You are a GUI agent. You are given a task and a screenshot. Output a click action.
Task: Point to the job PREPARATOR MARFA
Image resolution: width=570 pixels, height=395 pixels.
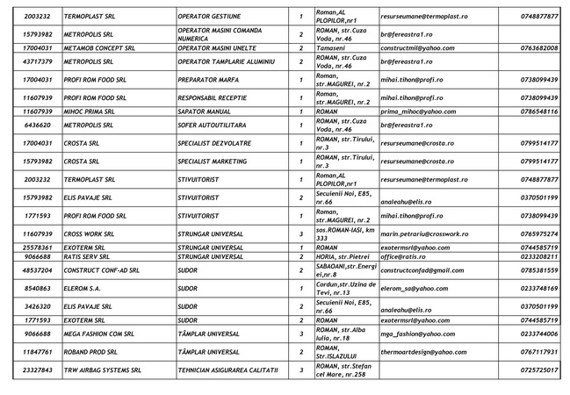(x=208, y=79)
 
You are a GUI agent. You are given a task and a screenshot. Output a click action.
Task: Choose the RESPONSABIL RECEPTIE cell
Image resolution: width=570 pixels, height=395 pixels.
(x=215, y=97)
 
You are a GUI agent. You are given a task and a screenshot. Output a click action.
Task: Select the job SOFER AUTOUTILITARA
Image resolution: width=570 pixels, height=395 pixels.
(x=214, y=126)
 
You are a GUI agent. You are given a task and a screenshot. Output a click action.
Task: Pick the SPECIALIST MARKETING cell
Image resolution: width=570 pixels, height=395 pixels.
(x=214, y=161)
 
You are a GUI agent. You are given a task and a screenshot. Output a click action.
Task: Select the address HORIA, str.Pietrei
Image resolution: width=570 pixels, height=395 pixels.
(x=343, y=257)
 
